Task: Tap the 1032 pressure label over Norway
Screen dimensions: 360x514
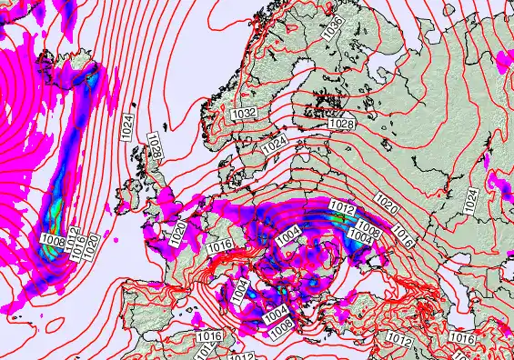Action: tap(243, 113)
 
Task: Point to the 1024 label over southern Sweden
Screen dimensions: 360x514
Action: tap(274, 144)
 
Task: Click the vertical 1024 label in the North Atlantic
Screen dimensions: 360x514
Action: tap(126, 125)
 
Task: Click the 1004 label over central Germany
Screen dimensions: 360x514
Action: tap(289, 235)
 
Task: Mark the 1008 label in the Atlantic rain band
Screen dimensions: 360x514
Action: tap(53, 241)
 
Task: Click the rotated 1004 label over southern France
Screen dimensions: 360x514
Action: tap(239, 291)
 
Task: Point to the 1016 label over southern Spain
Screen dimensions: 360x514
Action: tap(208, 337)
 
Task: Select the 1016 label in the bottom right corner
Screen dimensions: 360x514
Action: tap(463, 337)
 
